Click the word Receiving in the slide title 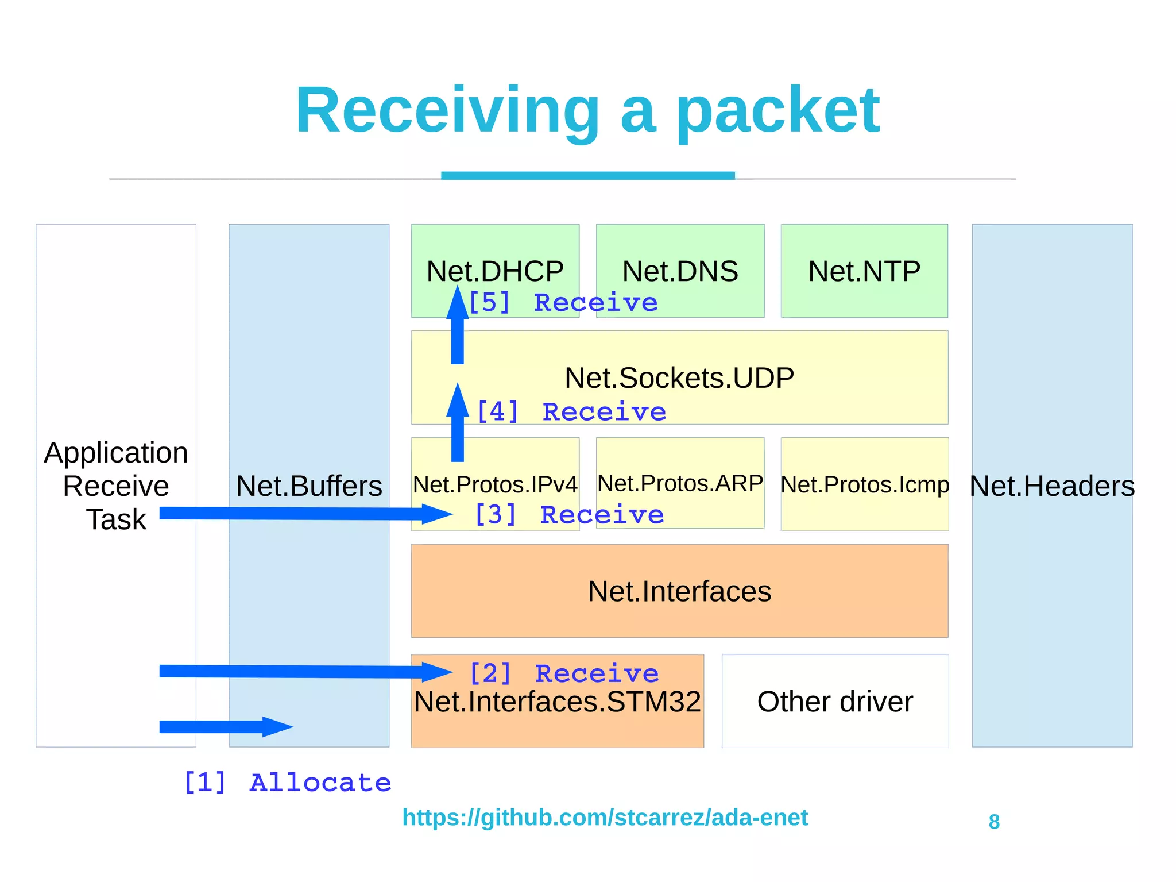447,110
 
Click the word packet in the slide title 778,110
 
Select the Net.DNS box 680,271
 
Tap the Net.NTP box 864,271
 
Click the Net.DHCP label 495,271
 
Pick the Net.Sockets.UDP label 679,378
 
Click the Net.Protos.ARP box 680,483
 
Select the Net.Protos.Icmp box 864,484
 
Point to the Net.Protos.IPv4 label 495,484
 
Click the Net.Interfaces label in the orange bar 679,591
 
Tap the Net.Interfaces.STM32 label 557,702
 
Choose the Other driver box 835,702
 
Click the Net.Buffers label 309,486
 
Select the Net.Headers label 1052,486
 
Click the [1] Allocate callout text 287,783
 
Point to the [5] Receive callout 563,302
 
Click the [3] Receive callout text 568,514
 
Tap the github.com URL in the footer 605,817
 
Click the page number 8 994,822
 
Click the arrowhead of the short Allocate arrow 278,727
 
